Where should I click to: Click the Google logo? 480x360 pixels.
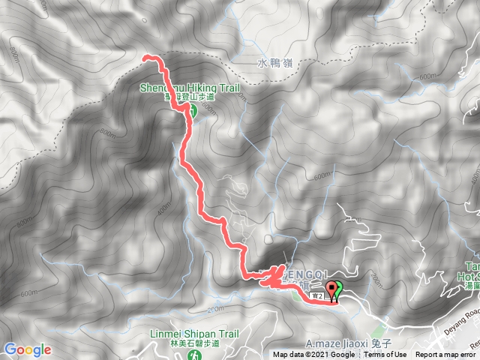27,349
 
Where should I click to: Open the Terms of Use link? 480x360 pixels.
385,355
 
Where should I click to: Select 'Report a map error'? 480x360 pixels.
445,355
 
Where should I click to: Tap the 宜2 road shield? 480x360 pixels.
317,296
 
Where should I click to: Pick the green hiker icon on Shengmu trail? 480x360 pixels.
192,112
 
